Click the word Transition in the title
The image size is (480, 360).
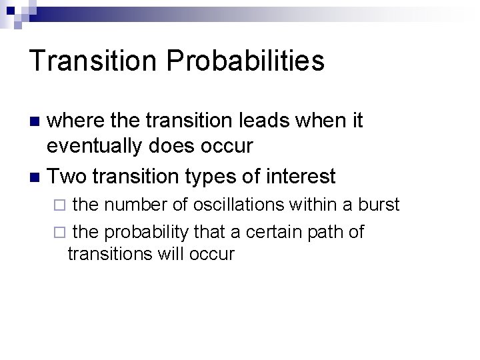93,61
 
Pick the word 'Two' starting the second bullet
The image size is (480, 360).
68,177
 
